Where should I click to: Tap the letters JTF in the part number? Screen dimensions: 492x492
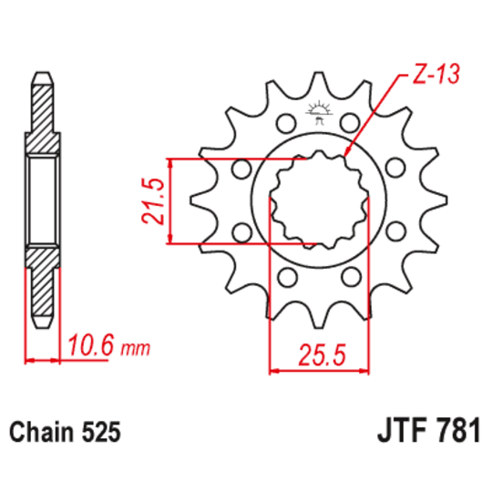[x=396, y=430]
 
